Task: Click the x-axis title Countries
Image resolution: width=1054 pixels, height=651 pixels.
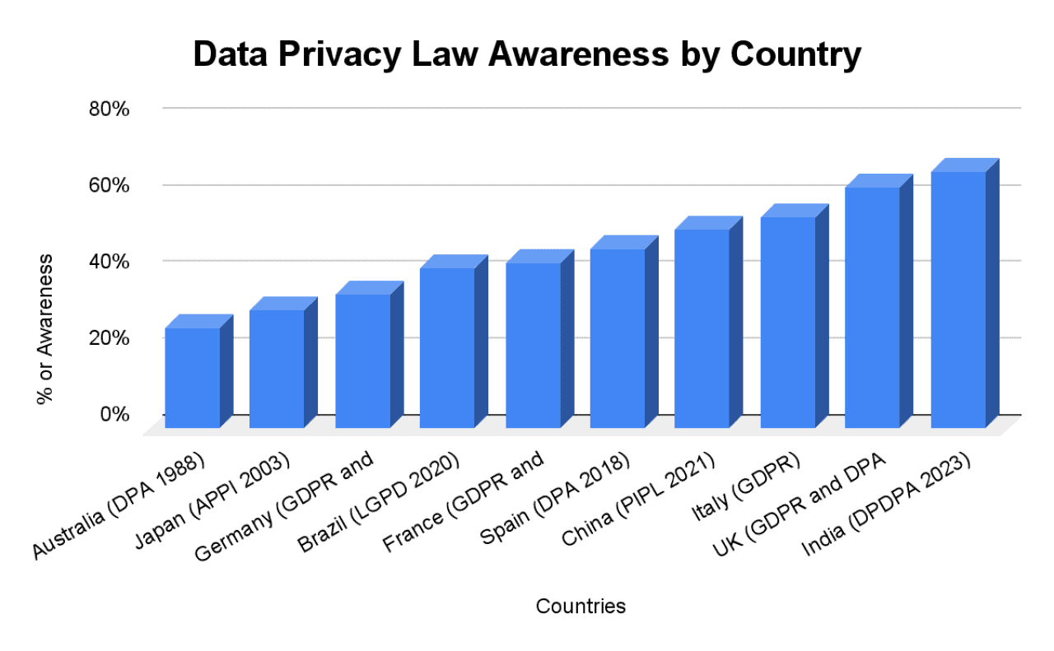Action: click(x=581, y=607)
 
